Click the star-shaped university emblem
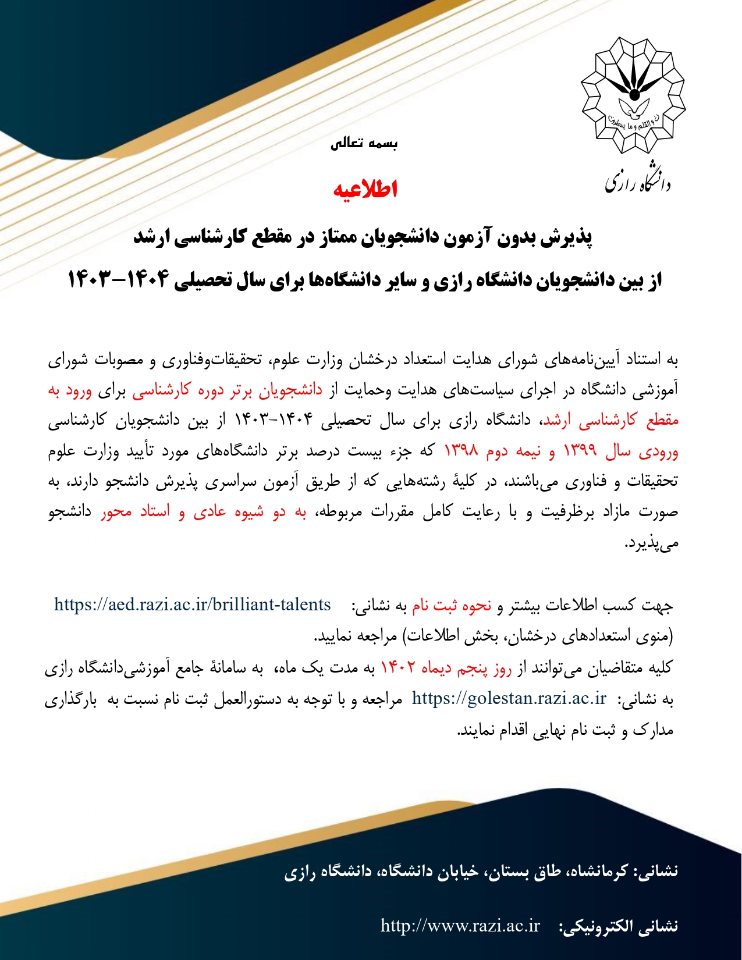[634, 94]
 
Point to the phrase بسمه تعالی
[364, 144]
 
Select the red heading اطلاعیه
[365, 189]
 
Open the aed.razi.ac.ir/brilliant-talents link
[193, 605]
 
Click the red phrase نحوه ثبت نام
[452, 606]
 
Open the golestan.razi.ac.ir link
[509, 698]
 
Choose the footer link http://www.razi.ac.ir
[460, 926]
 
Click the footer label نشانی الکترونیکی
[618, 927]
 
